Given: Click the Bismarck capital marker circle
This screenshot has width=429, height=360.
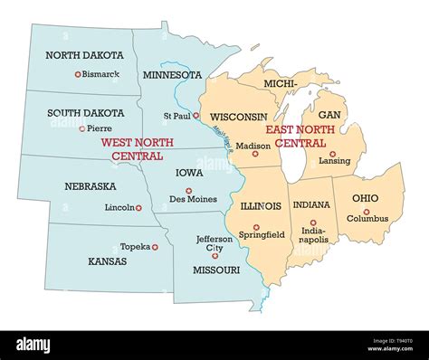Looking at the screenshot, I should (78, 74).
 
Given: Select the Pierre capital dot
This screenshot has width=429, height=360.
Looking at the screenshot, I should (82, 128).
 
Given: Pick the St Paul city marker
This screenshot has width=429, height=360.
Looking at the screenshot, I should (195, 116).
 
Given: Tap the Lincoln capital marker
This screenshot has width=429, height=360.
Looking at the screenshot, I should (138, 208).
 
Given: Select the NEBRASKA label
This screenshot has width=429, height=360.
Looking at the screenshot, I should (89, 186).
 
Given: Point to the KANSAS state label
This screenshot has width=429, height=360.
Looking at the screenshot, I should (107, 261).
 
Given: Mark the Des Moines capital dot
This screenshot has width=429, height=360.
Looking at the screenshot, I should (188, 191).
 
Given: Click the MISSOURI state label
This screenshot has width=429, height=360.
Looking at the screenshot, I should (216, 270).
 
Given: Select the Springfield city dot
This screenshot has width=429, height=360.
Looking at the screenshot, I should (256, 227).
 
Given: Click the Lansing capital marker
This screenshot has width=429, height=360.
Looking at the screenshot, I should (332, 154).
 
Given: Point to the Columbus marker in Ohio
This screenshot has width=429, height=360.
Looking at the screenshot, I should (367, 211).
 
